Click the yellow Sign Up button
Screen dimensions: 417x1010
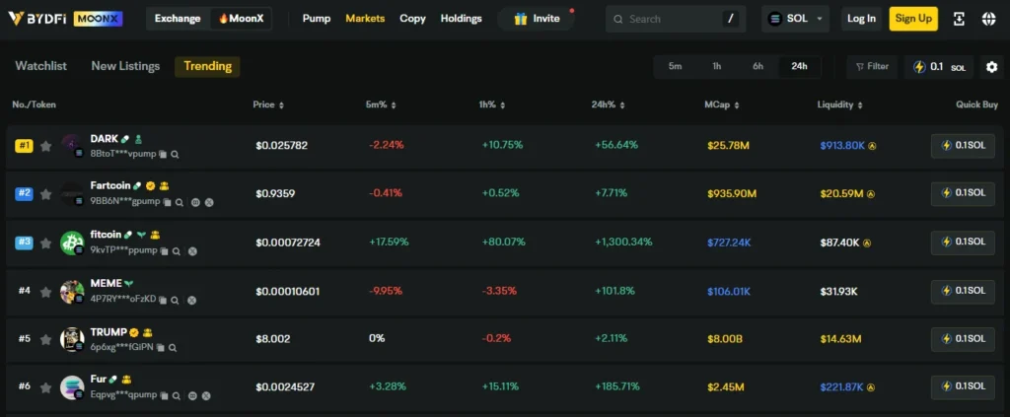point(912,19)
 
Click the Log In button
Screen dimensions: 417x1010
point(861,19)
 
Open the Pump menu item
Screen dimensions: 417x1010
point(317,19)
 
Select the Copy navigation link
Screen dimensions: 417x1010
point(412,19)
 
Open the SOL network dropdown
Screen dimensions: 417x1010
point(796,19)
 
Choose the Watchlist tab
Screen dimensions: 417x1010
point(41,66)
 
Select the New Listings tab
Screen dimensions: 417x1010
point(125,66)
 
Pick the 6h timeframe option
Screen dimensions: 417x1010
point(757,66)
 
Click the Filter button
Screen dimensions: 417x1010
point(872,66)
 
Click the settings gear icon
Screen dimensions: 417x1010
point(991,67)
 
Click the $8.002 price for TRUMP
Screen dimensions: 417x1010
point(272,338)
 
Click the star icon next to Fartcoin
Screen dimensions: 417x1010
point(45,193)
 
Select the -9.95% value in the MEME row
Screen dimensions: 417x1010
point(386,290)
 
